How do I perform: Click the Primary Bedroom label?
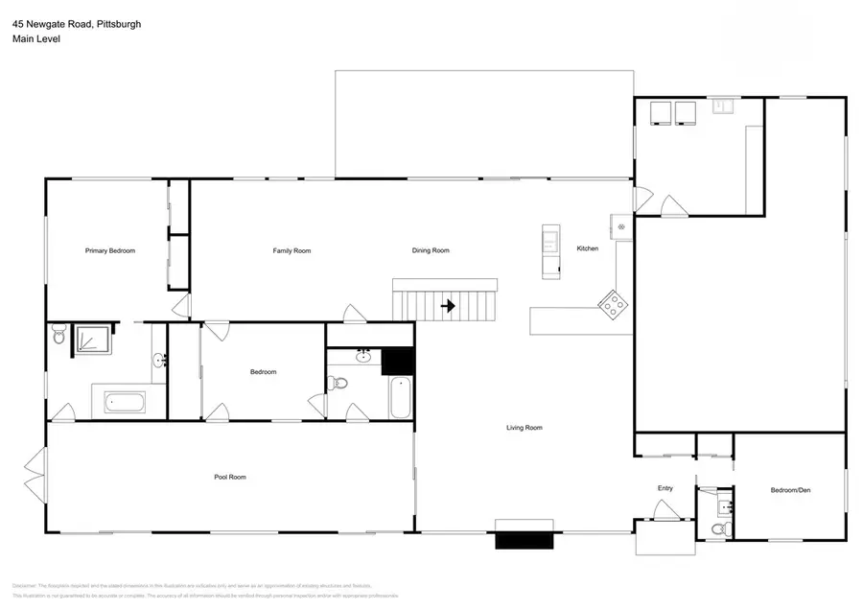[110, 250]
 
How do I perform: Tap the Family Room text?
[292, 250]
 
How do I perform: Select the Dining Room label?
[431, 250]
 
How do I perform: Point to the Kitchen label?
[587, 248]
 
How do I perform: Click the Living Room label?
[525, 428]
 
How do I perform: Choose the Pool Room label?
[230, 477]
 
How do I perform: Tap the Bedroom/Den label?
[791, 490]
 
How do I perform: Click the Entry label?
[665, 488]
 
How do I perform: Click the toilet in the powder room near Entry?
[720, 529]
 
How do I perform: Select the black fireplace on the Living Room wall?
[524, 539]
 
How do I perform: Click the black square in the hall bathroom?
[396, 361]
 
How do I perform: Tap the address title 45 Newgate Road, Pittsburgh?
[77, 24]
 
